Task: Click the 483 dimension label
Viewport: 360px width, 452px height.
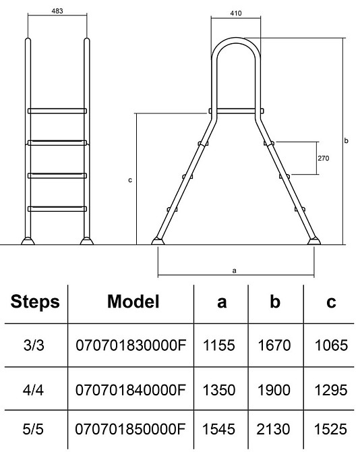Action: pos(57,11)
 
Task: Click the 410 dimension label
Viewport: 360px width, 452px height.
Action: pos(236,13)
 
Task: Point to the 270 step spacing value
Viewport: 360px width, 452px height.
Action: pos(323,158)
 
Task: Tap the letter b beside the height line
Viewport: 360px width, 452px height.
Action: pos(346,141)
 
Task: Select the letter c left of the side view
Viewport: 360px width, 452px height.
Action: pos(130,180)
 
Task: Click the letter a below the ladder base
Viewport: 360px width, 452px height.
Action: pos(234,271)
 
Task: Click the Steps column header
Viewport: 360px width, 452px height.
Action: pos(35,302)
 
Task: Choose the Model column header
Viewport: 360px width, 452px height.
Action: pos(133,302)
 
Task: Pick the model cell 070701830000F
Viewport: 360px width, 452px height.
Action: pos(131,345)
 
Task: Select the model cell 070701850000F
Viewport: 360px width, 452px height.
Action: pos(130,429)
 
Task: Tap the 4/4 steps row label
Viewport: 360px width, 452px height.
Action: pos(33,390)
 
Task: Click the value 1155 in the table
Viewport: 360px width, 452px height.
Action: pos(219,345)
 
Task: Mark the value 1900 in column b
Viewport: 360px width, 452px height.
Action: pos(274,390)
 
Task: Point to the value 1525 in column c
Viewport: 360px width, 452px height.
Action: pos(330,429)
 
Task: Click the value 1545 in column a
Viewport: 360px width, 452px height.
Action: pos(218,429)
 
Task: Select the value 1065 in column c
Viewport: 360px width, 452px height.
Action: pos(331,345)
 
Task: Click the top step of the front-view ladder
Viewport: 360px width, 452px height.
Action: pos(57,111)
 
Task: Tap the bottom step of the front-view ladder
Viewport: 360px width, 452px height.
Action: pos(57,209)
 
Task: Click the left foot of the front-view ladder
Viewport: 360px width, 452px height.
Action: pos(28,241)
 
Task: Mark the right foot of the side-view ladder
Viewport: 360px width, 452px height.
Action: pos(313,241)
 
